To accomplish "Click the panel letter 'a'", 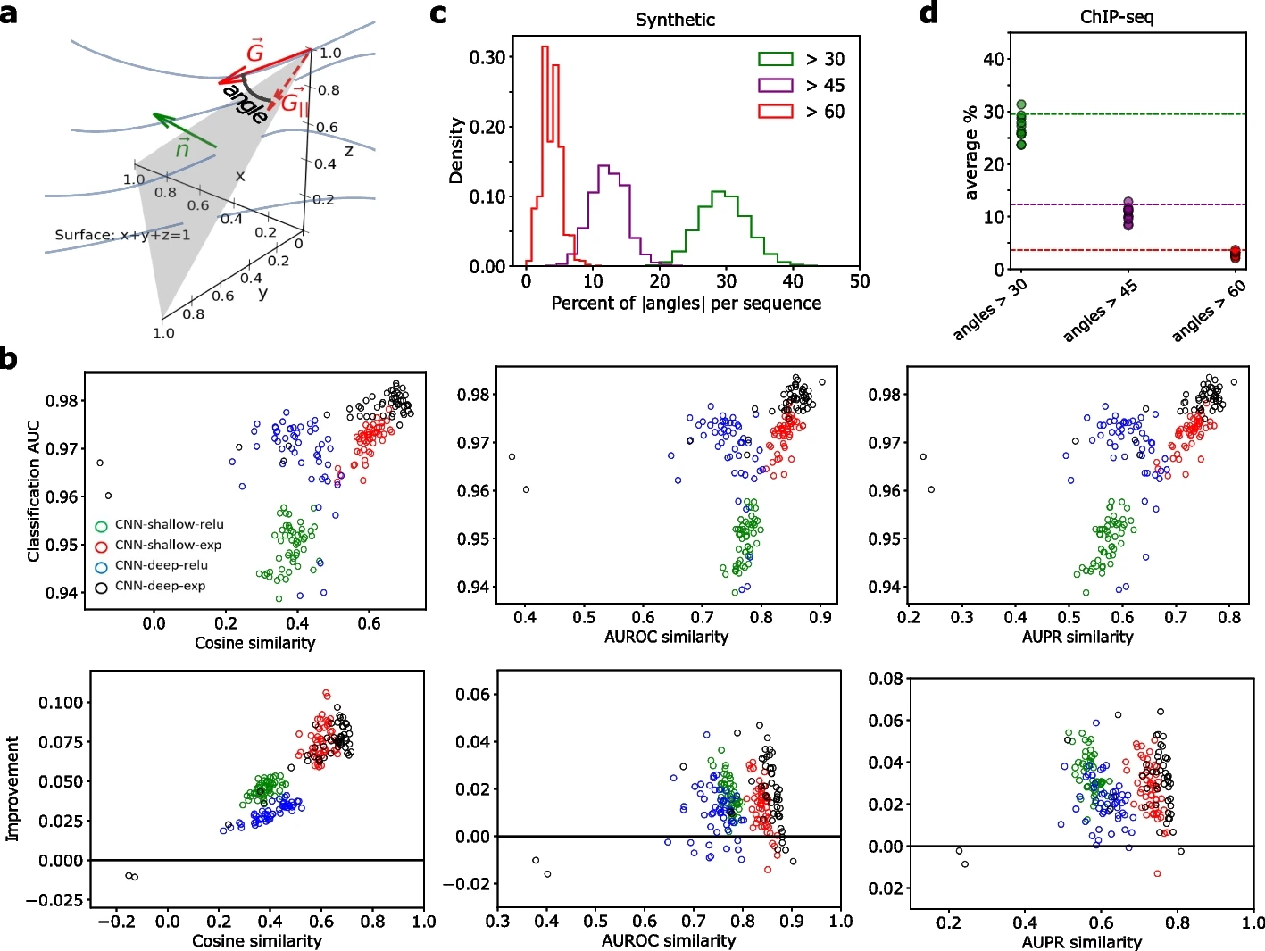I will click(10, 14).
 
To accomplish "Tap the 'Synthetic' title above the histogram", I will click(675, 20).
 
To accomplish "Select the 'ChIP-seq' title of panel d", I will click(1116, 17).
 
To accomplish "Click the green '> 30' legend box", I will click(775, 59).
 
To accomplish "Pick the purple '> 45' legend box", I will click(775, 85).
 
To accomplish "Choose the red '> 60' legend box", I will click(775, 111).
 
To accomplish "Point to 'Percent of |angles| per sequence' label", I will click(686, 304).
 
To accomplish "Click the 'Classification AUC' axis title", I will click(34, 490).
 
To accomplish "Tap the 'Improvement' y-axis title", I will click(12, 788).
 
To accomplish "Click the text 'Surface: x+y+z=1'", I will click(122, 235).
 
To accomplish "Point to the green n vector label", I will click(183, 148).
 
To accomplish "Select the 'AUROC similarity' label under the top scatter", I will click(666, 637).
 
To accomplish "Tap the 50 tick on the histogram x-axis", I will click(859, 281).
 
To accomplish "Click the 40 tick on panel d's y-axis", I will click(993, 59).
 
